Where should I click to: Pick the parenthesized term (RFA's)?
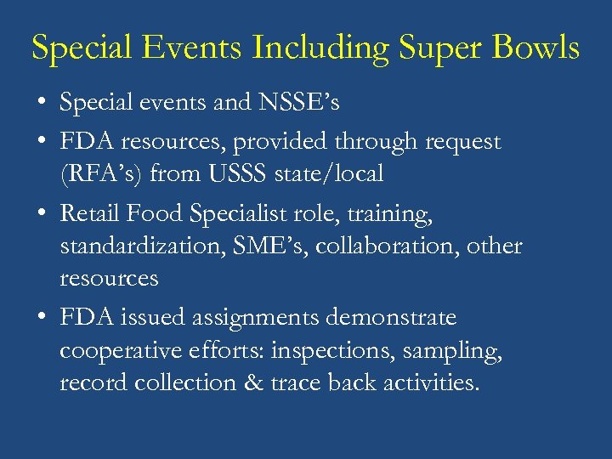pyautogui.click(x=101, y=174)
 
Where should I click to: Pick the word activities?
pyautogui.click(x=428, y=382)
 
